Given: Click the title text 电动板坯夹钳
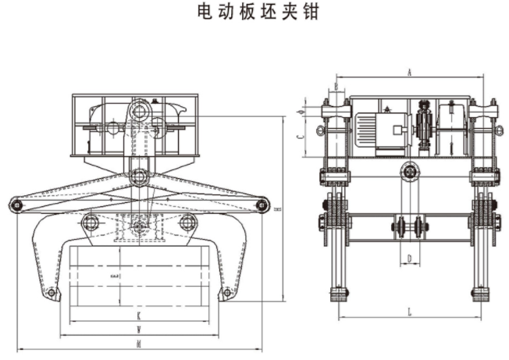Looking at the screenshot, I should coord(255,13).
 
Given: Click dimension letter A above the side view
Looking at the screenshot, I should coord(409,72).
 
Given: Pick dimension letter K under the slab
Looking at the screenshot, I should coord(139,316).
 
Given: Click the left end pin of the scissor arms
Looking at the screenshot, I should coord(16,205).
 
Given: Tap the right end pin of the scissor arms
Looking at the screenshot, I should coord(262,205).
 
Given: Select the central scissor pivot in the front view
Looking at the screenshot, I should coord(140,176).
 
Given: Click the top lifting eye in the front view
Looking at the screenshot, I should coord(141,110).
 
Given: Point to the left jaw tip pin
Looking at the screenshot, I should coord(52,293).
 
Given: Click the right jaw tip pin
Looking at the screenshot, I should coord(226,293).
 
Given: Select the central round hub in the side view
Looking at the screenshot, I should coord(409,171).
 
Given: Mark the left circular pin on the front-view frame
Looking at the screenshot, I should coord(91,223).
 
